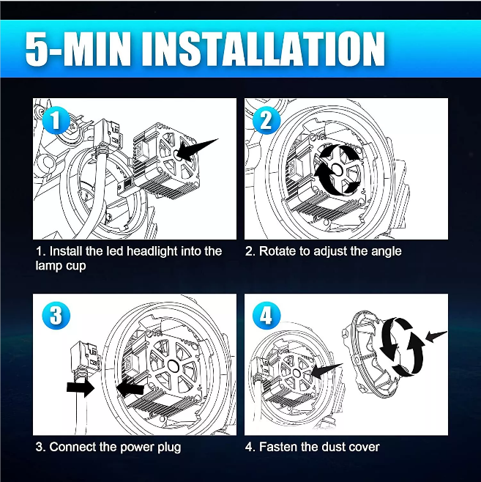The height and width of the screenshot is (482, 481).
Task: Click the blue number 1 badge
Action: (x=56, y=120)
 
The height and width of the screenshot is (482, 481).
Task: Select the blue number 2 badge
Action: (x=266, y=120)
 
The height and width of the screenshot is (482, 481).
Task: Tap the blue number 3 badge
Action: (x=56, y=316)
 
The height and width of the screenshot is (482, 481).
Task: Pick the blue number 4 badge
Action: (x=266, y=316)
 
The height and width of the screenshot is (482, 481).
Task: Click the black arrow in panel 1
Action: (x=197, y=149)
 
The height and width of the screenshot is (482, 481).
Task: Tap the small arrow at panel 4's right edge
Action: (x=436, y=336)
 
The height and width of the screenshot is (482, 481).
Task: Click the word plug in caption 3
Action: (x=169, y=448)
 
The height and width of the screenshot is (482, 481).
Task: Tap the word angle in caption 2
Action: (x=387, y=252)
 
